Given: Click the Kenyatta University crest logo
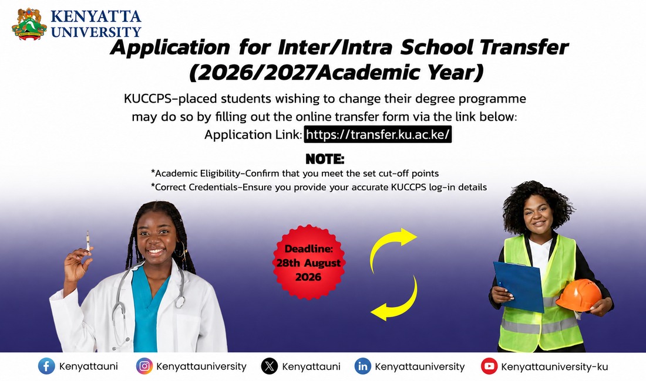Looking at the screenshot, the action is pos(29,24).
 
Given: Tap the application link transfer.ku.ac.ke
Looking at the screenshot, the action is pos(378,134).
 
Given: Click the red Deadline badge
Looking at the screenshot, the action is pos(308,262).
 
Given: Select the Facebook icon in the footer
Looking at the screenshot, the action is pos(46,366).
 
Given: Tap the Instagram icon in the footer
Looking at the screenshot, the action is pos(144,366).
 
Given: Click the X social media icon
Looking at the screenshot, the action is pos(270,366).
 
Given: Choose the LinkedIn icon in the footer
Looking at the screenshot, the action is pos(362,366).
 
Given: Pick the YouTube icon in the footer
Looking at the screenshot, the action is pos(489,366).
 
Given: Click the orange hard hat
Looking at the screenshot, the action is pos(578,295).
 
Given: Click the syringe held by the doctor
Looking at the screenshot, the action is pos(88,241).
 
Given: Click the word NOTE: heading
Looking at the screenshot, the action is pos(325,159).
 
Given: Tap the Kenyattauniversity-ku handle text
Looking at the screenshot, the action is pos(554,366).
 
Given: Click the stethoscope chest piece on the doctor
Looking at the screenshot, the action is pos(180,302).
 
